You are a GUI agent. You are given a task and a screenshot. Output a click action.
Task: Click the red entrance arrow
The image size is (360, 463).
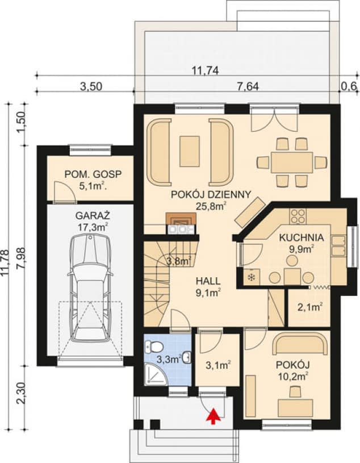click(x=216, y=417)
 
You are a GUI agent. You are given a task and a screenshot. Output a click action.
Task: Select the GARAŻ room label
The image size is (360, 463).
click(x=93, y=215)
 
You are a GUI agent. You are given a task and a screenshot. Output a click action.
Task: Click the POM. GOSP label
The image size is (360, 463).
click(x=93, y=174)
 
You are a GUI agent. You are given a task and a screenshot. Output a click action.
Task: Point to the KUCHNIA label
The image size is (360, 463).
click(x=302, y=237)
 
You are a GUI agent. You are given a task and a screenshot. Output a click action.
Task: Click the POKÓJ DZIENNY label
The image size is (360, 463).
click(x=211, y=194)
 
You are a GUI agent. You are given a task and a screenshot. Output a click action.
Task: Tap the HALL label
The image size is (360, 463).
click(x=208, y=281)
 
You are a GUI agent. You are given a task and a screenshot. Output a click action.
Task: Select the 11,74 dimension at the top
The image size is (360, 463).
click(x=205, y=71)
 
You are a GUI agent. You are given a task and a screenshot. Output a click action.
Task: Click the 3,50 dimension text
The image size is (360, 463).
click(x=91, y=86)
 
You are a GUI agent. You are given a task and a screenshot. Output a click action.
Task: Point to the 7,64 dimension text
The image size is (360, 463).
click(x=248, y=86)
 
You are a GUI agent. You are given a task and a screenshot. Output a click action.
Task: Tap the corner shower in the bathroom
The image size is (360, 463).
click(x=156, y=374)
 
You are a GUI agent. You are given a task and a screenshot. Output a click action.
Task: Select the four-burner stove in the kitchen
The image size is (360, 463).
click(x=298, y=216)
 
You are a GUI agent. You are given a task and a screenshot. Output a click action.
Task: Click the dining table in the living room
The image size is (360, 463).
click(x=291, y=162)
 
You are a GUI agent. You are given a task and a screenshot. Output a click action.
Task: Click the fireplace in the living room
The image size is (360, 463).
click(x=181, y=219)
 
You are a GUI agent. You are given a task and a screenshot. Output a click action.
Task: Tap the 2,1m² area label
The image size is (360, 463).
click(x=309, y=307)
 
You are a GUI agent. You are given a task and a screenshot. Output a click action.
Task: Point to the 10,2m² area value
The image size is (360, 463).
click(x=293, y=376)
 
